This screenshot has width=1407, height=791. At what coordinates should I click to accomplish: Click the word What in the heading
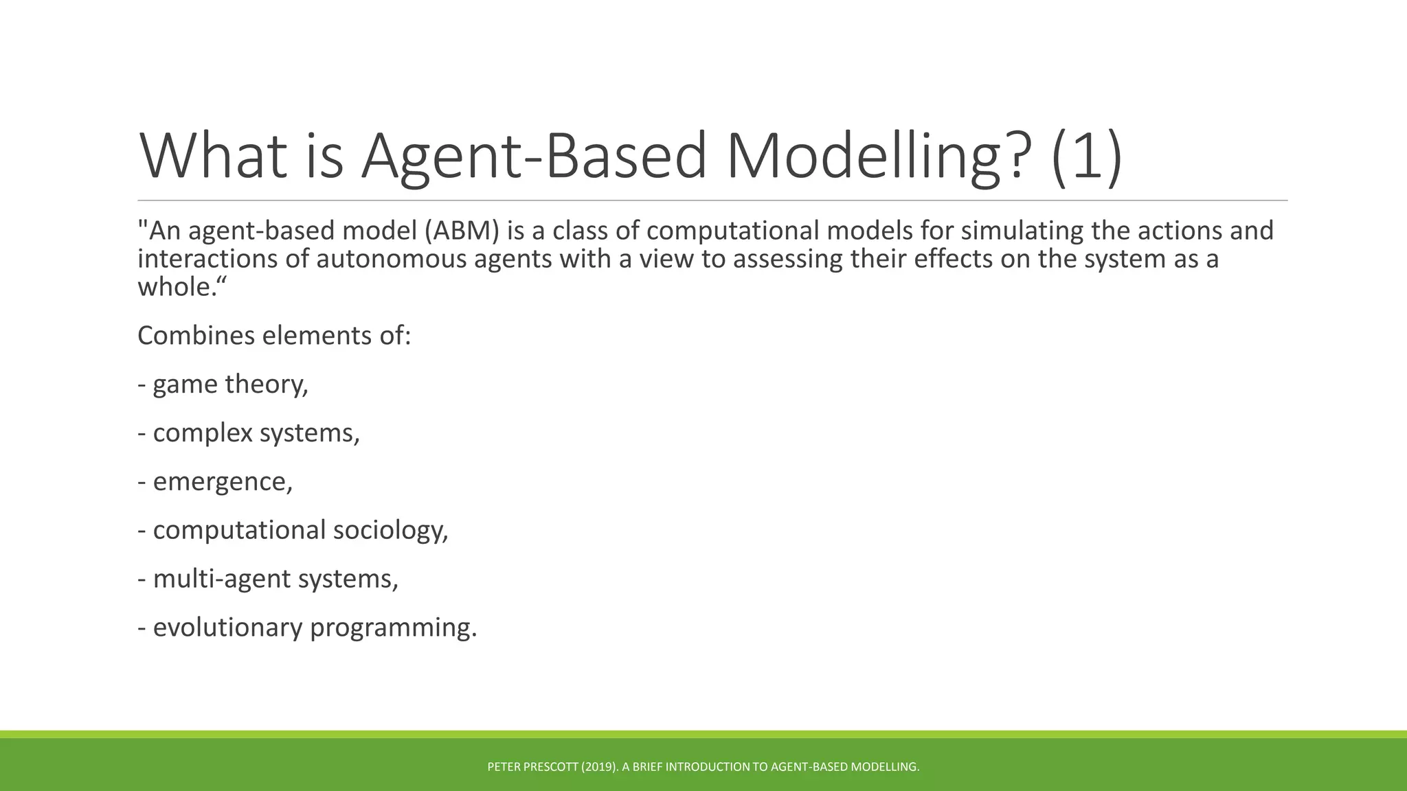(213, 157)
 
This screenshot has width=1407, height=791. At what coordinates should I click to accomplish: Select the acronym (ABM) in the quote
(462, 231)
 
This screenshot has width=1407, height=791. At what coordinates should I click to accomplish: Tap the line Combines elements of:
(273, 336)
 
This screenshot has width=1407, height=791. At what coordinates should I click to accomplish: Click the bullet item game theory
(229, 384)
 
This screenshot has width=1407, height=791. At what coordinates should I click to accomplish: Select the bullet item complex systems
(255, 433)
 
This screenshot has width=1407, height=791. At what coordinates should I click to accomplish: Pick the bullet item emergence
(221, 481)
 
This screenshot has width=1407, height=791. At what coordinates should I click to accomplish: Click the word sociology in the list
(390, 530)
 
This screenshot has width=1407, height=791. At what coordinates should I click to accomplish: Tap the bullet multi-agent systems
(274, 579)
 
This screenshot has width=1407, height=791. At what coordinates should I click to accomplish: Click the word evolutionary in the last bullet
(227, 628)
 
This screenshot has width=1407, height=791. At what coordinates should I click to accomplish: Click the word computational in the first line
(732, 231)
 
